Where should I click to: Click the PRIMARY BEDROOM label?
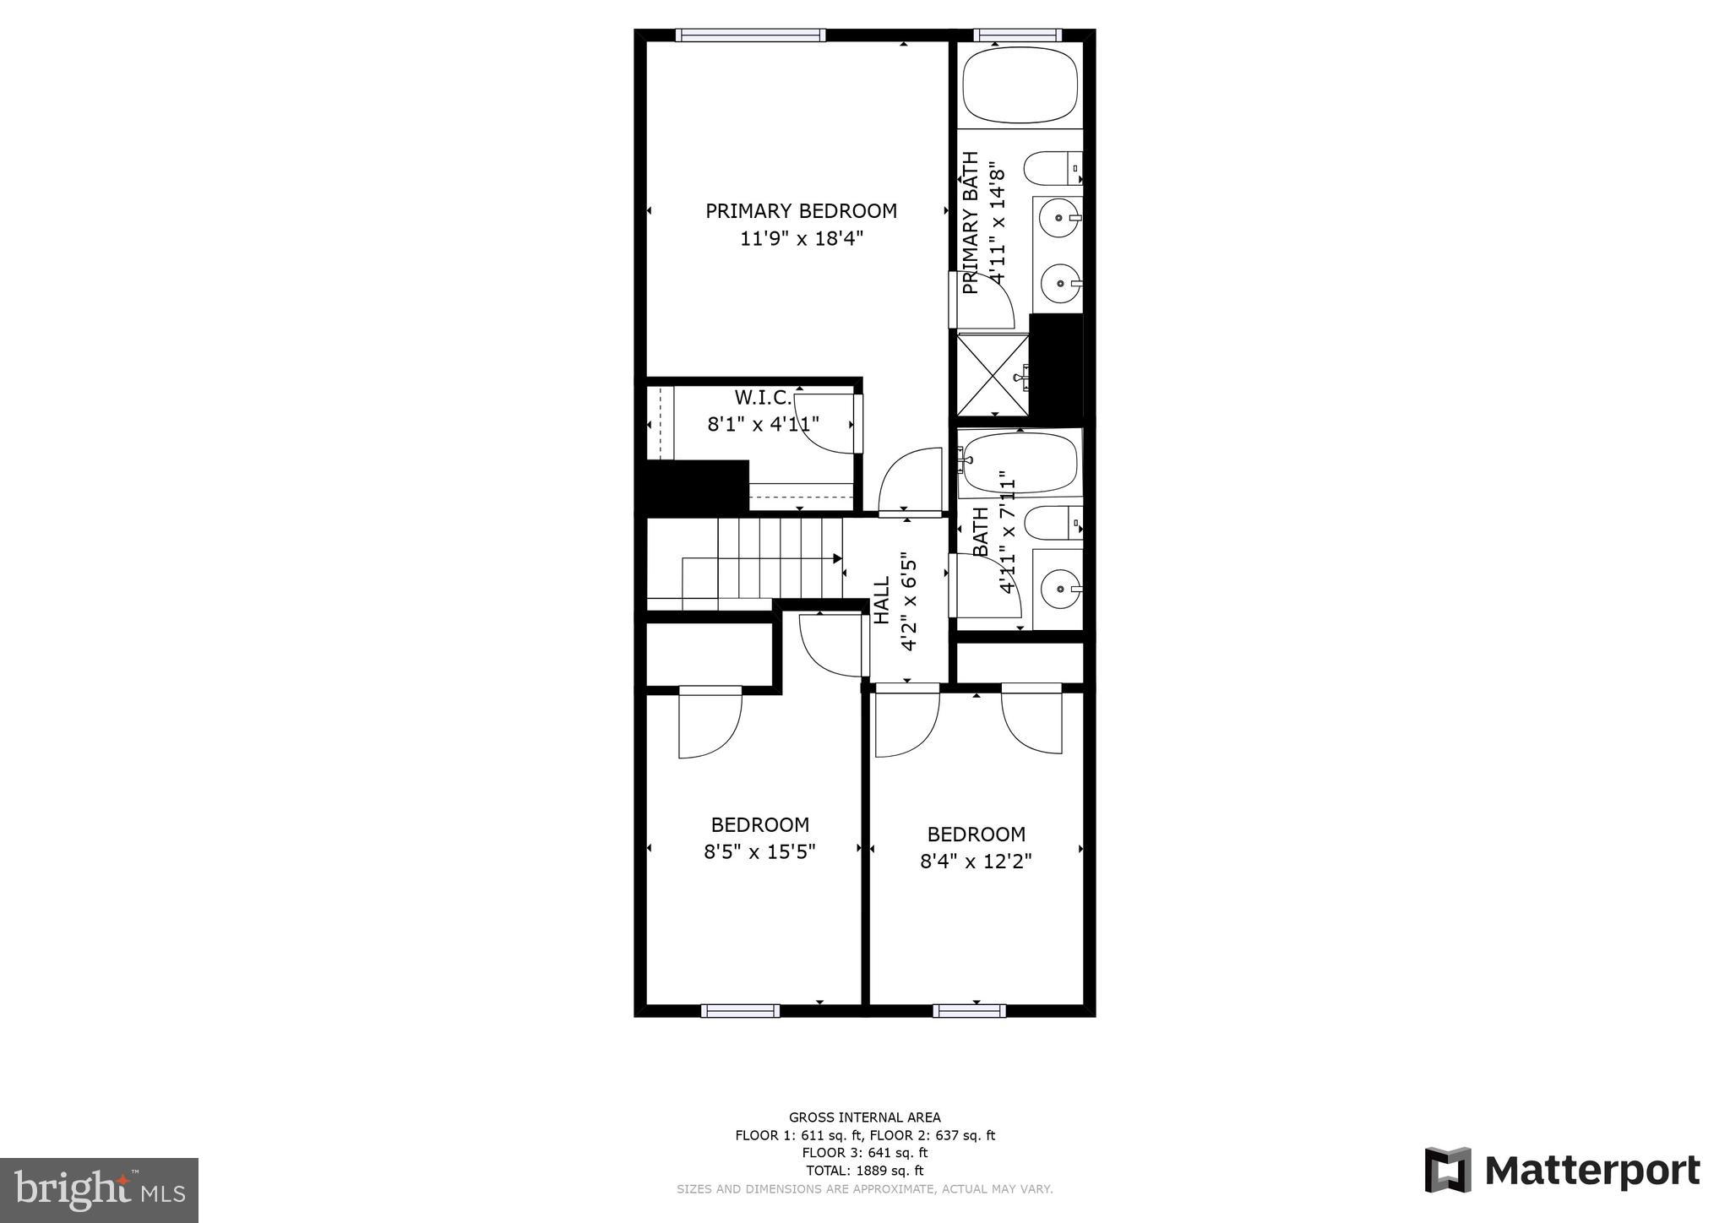click(x=801, y=211)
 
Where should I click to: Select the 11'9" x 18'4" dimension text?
click(x=801, y=239)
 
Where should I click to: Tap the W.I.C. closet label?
click(x=763, y=397)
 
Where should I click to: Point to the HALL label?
click(x=881, y=600)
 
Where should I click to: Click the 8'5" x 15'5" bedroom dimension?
click(x=759, y=851)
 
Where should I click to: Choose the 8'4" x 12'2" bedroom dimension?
click(x=976, y=862)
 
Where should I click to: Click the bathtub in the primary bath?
click(x=1020, y=85)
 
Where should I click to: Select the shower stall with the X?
click(x=993, y=375)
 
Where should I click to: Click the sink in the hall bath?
click(x=1060, y=588)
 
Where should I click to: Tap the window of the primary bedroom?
click(x=750, y=35)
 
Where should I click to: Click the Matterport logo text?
click(x=1591, y=1171)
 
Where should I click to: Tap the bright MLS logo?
click(x=99, y=1190)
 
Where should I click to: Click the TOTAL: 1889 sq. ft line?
click(x=864, y=1171)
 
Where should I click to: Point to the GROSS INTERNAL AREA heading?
click(x=864, y=1117)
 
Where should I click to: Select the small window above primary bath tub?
click(x=1017, y=35)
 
